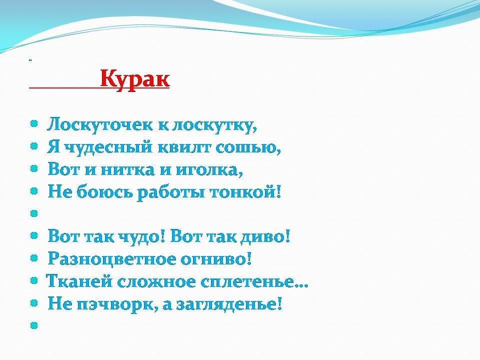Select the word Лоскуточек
(99, 125)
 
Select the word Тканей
(79, 281)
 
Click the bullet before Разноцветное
(34, 258)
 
